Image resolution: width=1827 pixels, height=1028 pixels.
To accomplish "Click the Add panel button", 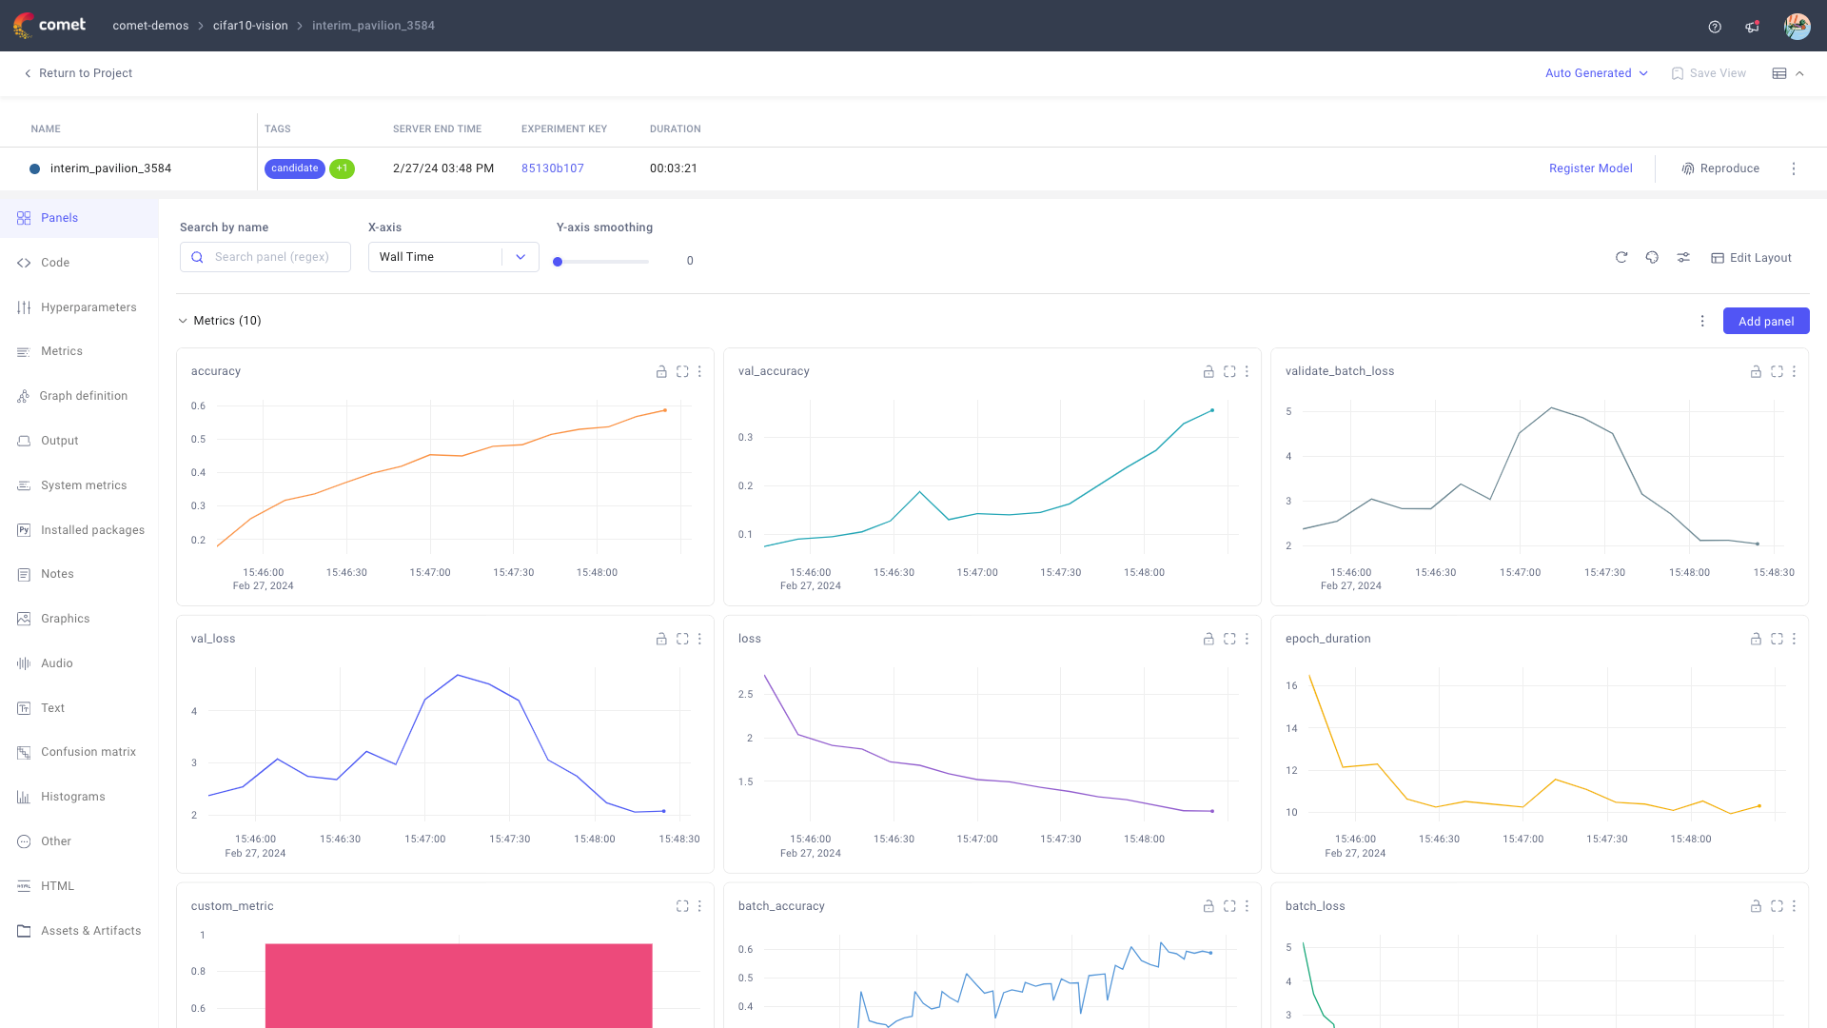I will coord(1765,321).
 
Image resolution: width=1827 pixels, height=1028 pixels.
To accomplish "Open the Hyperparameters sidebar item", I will coord(88,307).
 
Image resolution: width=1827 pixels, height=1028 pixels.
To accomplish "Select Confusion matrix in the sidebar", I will coord(88,752).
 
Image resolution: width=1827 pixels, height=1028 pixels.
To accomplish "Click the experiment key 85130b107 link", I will coord(552,168).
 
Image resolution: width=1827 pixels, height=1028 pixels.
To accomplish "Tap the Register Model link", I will coord(1590,168).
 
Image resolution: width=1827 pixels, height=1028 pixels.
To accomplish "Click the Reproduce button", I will coord(1720,168).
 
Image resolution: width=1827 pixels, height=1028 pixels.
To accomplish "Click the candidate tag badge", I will coord(294,168).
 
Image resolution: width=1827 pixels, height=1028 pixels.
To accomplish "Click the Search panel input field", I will coord(272,257).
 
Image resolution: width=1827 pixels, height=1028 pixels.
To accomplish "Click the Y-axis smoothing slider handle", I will coord(558,262).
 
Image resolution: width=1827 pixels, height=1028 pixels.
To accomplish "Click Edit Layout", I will coord(1751,258).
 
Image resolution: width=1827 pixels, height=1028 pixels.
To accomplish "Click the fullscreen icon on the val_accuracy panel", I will coord(1229,371).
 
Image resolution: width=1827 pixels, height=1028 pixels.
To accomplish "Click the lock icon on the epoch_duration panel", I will coord(1755,639).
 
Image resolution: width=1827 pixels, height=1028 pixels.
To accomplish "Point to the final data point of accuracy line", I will coord(664,410).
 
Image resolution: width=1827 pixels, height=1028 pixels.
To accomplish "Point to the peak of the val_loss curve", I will coord(458,675).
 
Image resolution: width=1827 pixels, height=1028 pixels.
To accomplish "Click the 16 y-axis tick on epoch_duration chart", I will coord(1291,685).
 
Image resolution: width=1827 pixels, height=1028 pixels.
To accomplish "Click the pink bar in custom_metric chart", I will coord(459,985).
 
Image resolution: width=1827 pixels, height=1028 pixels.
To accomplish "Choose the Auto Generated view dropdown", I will coord(1596,73).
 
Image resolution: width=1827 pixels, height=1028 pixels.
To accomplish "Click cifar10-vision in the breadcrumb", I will coord(250,26).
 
